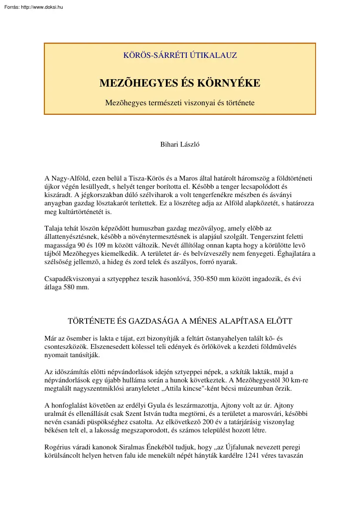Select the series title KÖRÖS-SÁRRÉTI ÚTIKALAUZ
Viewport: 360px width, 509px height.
[x=180, y=56]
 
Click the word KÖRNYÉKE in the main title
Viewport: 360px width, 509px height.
[x=229, y=83]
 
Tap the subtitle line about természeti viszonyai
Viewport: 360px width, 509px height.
[x=180, y=103]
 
